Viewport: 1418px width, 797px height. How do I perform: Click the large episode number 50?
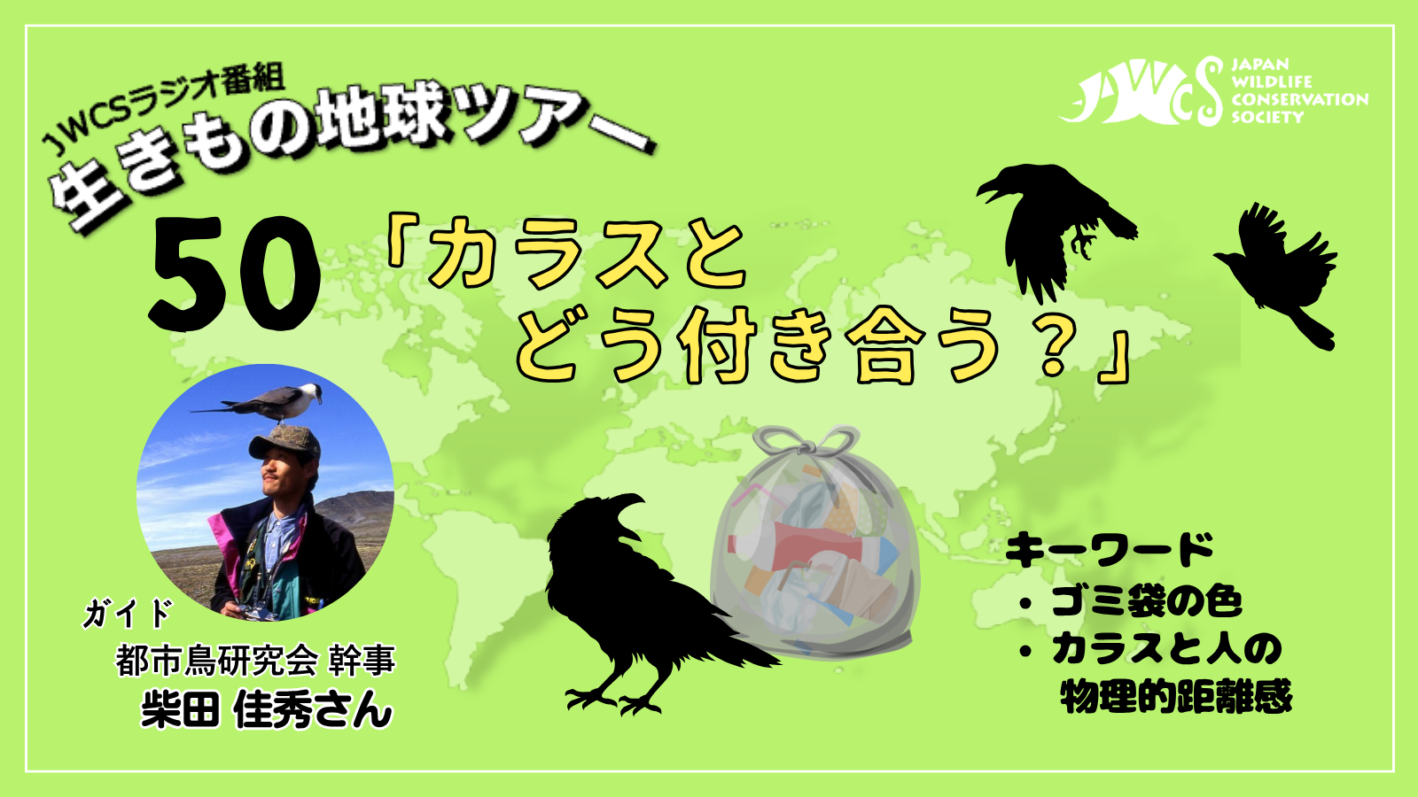click(x=234, y=274)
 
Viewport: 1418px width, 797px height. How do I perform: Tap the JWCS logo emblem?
click(x=1141, y=92)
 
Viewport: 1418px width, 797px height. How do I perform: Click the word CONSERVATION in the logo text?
click(x=1299, y=99)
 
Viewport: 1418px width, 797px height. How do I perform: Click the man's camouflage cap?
click(x=284, y=441)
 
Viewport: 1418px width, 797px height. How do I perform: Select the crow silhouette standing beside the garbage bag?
click(x=646, y=601)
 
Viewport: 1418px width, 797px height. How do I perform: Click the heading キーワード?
click(x=1109, y=550)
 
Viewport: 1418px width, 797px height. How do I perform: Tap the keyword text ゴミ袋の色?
click(x=1147, y=601)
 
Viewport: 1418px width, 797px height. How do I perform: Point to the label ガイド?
click(x=128, y=613)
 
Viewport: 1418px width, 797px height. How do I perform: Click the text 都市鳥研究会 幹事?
click(x=256, y=661)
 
